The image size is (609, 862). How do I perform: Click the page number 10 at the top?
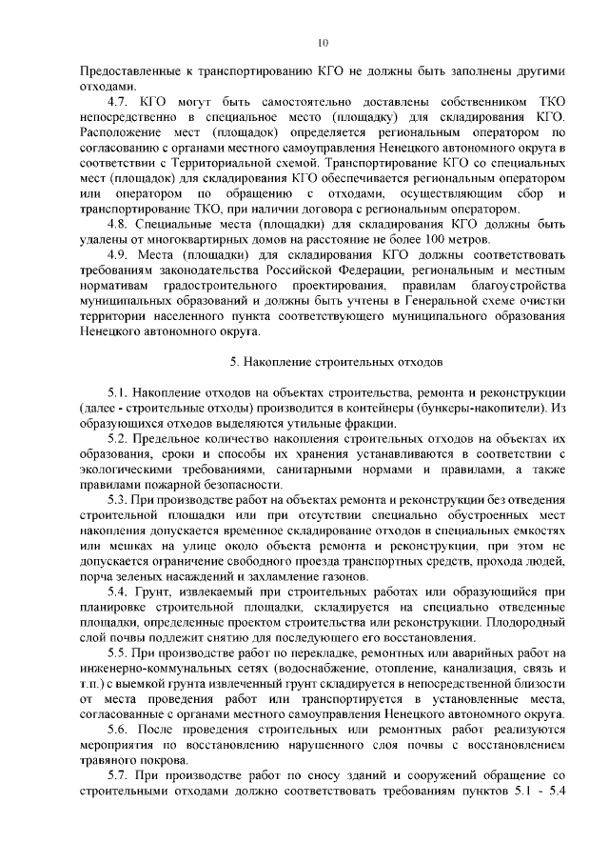click(x=323, y=42)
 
